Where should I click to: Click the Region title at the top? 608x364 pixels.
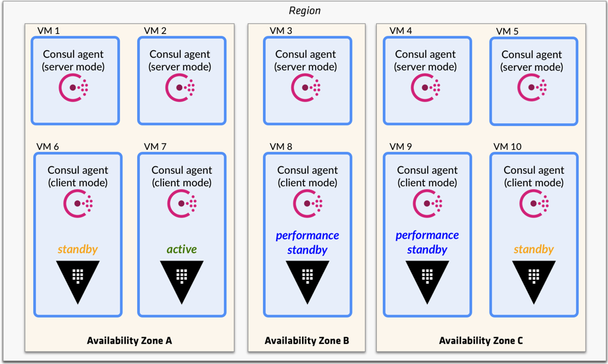(x=304, y=11)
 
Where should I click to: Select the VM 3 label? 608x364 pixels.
(x=281, y=30)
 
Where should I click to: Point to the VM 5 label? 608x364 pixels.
(x=507, y=31)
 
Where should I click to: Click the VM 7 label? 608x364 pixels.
(x=155, y=146)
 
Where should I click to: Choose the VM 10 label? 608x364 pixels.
(x=507, y=146)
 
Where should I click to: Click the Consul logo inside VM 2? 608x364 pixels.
(x=180, y=88)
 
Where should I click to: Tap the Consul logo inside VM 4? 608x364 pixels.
(x=426, y=88)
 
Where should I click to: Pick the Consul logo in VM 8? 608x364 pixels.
(x=307, y=203)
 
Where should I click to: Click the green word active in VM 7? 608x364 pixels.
(x=181, y=249)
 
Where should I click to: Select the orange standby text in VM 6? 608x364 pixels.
(x=77, y=249)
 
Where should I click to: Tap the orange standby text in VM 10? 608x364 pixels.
(x=533, y=249)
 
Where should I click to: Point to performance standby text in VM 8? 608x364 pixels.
(x=307, y=243)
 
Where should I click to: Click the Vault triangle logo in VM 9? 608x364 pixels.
(x=427, y=279)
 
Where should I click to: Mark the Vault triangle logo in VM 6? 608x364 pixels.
(x=77, y=279)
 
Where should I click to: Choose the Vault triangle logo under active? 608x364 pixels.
(x=181, y=279)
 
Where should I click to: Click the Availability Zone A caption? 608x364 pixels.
(x=129, y=341)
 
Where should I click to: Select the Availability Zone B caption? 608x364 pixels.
(x=307, y=341)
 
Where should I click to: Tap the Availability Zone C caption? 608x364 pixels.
(x=481, y=341)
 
